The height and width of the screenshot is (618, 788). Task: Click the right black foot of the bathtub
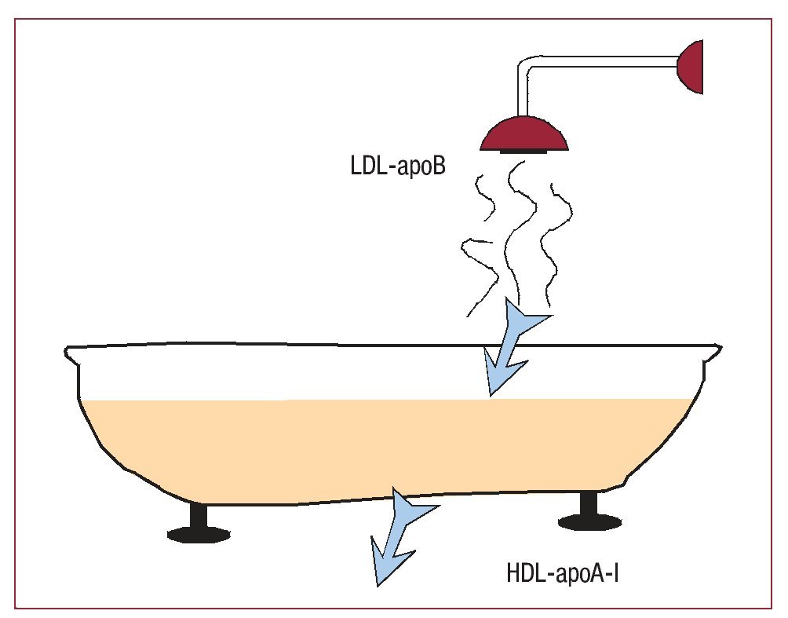[589, 514]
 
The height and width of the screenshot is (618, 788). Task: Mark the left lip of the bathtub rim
[73, 358]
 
